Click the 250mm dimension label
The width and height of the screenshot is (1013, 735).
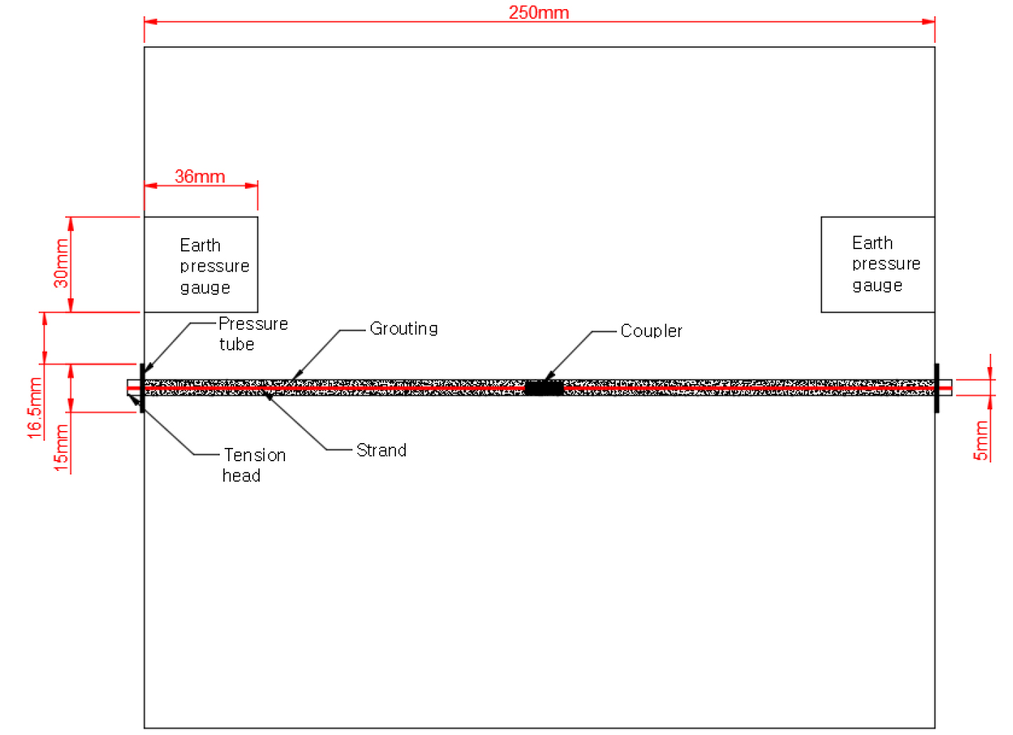click(x=538, y=12)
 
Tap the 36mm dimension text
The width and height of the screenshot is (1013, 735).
click(x=199, y=176)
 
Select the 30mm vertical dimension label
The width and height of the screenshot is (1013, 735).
click(x=61, y=263)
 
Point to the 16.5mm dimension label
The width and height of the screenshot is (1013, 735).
click(x=34, y=408)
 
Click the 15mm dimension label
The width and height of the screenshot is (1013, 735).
click(x=61, y=448)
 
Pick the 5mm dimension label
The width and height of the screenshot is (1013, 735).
click(x=981, y=441)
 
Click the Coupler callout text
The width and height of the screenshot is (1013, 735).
click(x=651, y=331)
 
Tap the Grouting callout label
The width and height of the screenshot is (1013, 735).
click(x=404, y=329)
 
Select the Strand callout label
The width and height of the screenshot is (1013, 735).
click(x=381, y=451)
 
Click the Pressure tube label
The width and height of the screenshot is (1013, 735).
click(x=253, y=333)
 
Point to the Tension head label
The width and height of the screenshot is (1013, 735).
click(x=253, y=465)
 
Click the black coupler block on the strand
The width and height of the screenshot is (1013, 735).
click(x=544, y=388)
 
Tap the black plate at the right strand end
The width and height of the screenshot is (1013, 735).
click(x=936, y=388)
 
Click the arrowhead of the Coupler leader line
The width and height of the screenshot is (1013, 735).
click(x=549, y=376)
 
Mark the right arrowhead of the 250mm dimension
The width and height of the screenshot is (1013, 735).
click(x=929, y=21)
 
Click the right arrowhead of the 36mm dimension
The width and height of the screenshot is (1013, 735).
click(x=251, y=185)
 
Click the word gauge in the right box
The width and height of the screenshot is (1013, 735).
click(x=878, y=286)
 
